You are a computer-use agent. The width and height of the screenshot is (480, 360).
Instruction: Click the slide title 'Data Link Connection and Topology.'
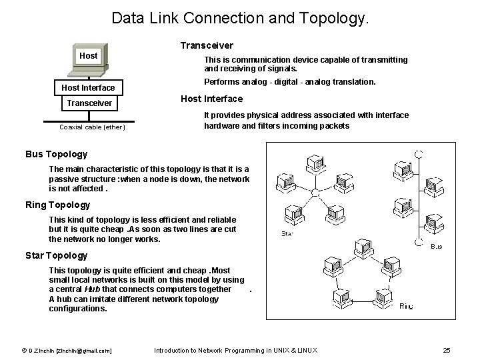[239, 18]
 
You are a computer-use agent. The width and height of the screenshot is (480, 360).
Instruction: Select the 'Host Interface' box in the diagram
[88, 87]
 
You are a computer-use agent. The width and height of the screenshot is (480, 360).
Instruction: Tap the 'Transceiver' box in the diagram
[89, 103]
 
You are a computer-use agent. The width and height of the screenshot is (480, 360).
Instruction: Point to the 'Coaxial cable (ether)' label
[92, 127]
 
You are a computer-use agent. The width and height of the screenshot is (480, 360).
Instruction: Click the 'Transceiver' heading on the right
[207, 45]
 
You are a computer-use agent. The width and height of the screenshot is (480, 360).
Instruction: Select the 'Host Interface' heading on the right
[212, 99]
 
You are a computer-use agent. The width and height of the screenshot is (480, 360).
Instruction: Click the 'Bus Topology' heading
[56, 154]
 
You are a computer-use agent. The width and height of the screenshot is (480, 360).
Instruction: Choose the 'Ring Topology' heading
[57, 205]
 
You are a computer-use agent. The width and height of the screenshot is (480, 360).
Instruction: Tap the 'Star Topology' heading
[56, 255]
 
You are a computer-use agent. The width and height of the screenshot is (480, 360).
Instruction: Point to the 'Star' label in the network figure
[288, 234]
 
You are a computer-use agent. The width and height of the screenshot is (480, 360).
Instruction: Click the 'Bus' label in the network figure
[437, 246]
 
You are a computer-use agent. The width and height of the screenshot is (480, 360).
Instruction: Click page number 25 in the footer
[447, 350]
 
